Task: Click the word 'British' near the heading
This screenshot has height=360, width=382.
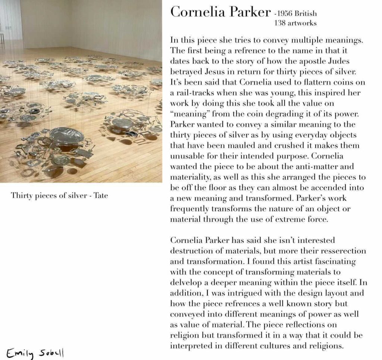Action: tap(306, 14)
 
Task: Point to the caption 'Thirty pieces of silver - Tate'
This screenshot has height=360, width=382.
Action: tap(60, 195)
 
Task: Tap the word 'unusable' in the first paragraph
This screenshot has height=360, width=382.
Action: tap(186, 156)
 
